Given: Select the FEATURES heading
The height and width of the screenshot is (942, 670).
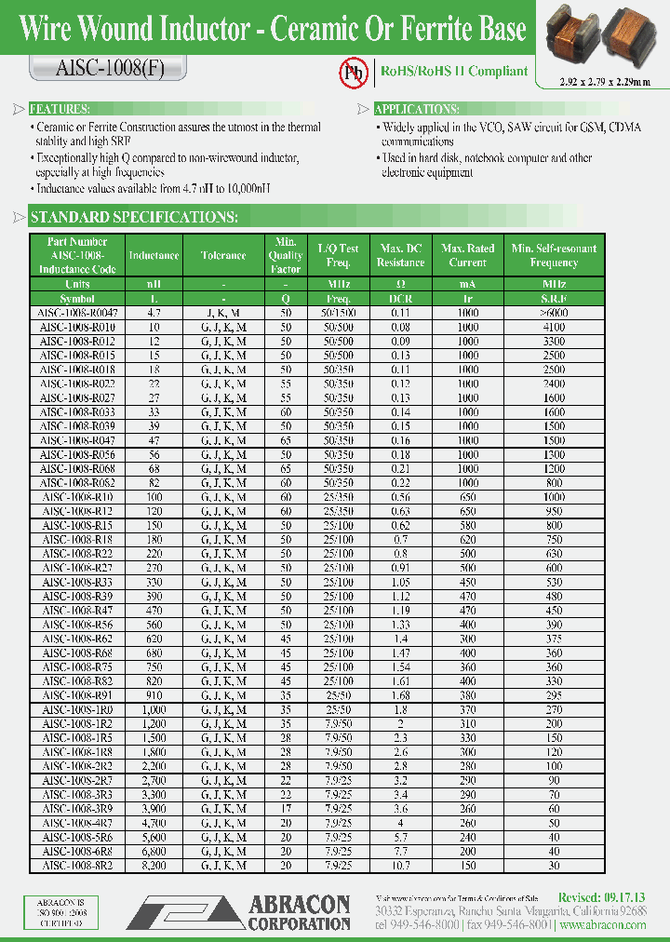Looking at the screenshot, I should tap(60, 109).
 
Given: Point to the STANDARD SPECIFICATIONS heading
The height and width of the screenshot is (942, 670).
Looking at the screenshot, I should tap(134, 218).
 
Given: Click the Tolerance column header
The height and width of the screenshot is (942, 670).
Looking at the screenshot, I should tap(223, 255).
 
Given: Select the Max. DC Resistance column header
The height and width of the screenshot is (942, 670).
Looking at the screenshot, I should tap(400, 255).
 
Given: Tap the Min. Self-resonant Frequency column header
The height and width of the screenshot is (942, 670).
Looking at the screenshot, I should tap(554, 255).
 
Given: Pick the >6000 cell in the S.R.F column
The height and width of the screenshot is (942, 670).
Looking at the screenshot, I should tap(554, 315).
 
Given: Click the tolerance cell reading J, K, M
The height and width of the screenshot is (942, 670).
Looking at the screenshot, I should tap(223, 315).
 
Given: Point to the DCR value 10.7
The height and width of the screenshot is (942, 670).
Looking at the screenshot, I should tap(400, 866).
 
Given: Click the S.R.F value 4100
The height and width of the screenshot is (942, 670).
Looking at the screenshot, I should tap(554, 328).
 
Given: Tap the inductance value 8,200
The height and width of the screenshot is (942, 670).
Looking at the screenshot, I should tap(154, 866).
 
